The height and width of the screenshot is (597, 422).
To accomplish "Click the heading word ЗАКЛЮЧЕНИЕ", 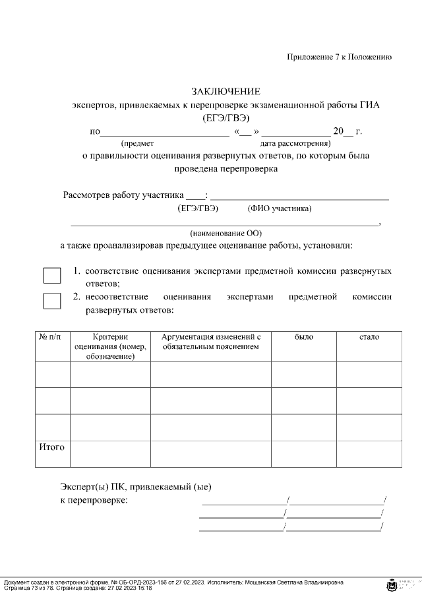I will click(x=226, y=91).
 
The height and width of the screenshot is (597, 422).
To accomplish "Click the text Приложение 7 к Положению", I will click(x=339, y=57).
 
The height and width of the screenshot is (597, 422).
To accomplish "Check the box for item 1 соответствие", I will click(x=51, y=276).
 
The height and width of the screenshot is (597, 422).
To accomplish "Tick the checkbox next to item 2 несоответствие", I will click(x=51, y=301).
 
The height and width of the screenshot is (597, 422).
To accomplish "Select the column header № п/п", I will click(x=52, y=337).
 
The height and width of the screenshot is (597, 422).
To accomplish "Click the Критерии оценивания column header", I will click(x=110, y=346).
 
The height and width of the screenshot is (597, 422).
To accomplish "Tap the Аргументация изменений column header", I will click(x=210, y=342).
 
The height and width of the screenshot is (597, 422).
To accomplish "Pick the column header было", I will click(x=304, y=337).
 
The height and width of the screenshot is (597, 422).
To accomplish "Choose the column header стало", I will click(x=369, y=337).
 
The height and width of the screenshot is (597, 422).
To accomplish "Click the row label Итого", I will click(x=52, y=447).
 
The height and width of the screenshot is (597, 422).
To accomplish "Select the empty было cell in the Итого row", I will click(x=304, y=454).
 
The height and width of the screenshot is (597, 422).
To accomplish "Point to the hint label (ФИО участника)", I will click(x=280, y=209).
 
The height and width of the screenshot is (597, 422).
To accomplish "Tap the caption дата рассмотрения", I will click(x=295, y=143).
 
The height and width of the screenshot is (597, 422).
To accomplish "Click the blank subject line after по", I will click(x=165, y=131).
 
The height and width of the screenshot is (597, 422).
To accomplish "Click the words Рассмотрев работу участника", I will click(x=123, y=195).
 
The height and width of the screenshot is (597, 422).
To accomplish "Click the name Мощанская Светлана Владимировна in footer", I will click(x=293, y=583).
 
